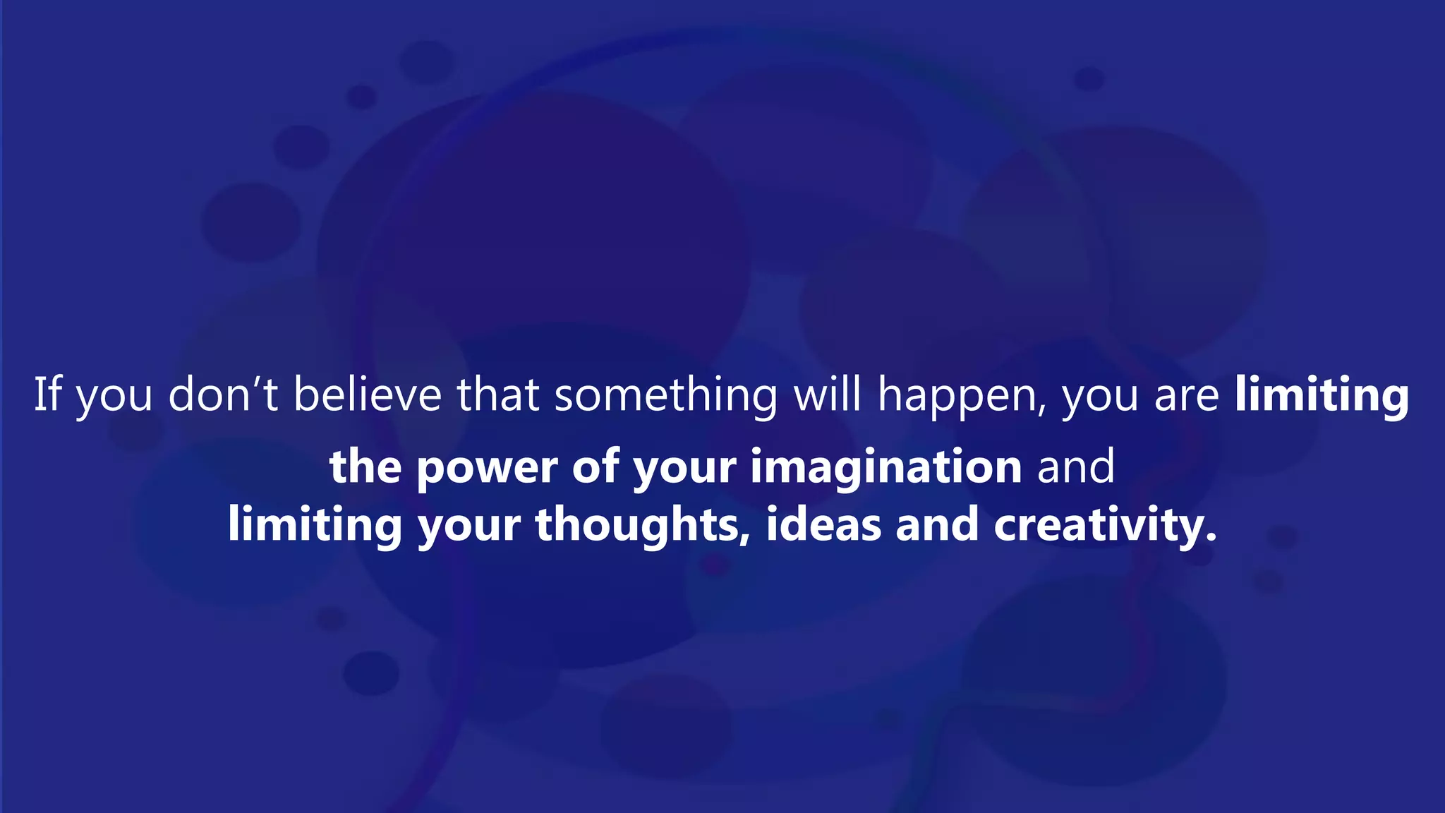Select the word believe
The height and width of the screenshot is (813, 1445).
(x=367, y=395)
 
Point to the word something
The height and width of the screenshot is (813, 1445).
(x=665, y=395)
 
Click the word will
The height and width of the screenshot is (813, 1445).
(x=827, y=395)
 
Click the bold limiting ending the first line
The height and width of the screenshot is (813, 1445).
(x=1322, y=396)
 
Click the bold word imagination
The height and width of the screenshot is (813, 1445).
(x=885, y=468)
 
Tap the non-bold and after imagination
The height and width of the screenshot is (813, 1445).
(x=1076, y=467)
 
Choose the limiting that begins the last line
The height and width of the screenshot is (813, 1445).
(x=315, y=526)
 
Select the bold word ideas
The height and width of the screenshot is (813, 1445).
(x=823, y=526)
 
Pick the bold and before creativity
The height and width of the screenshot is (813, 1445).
(x=937, y=526)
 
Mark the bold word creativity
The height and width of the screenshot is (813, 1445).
(x=1105, y=526)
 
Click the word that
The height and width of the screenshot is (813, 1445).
(x=498, y=395)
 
